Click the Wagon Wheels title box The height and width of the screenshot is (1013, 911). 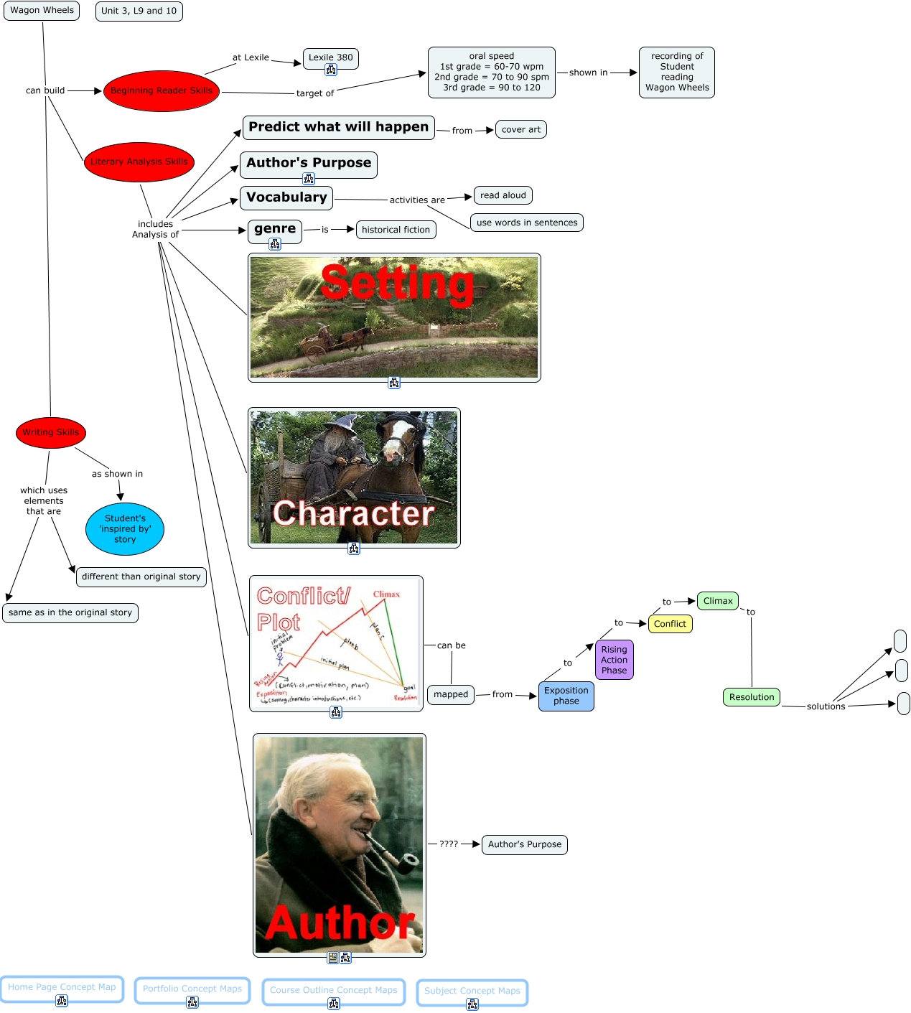pyautogui.click(x=42, y=11)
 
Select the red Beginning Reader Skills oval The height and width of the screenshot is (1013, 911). pyautogui.click(x=161, y=91)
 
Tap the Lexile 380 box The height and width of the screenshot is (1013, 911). pyautogui.click(x=330, y=58)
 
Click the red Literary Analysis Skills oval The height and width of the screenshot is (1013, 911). pyautogui.click(x=139, y=162)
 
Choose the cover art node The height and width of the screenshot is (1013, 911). pyautogui.click(x=520, y=129)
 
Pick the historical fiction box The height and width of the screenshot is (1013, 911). pyautogui.click(x=396, y=230)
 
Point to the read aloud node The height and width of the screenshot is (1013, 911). pyautogui.click(x=503, y=195)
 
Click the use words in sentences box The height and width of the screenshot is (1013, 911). pyautogui.click(x=526, y=223)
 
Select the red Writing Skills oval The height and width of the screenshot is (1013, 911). pyautogui.click(x=50, y=432)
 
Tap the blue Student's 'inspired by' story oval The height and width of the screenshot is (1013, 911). pyautogui.click(x=125, y=529)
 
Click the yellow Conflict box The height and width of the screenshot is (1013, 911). pyautogui.click(x=670, y=624)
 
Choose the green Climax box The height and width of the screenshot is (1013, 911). pyautogui.click(x=717, y=602)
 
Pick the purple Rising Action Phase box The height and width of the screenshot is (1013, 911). pyautogui.click(x=614, y=660)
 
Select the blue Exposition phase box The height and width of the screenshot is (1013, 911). pyautogui.click(x=566, y=696)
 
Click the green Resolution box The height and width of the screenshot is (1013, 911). pyautogui.click(x=751, y=697)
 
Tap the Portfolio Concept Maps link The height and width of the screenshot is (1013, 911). pyautogui.click(x=192, y=989)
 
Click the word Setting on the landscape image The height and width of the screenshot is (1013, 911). pyautogui.click(x=397, y=283)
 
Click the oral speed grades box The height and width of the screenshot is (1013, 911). pyautogui.click(x=491, y=72)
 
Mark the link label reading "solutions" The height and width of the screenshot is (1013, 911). pyautogui.click(x=826, y=706)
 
